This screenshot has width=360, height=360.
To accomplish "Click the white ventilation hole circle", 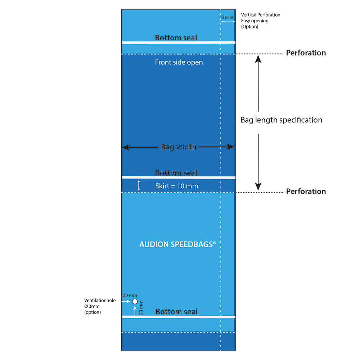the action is point(135,301).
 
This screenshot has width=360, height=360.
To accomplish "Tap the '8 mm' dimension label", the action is point(227,17).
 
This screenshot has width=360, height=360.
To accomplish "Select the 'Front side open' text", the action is point(179,62).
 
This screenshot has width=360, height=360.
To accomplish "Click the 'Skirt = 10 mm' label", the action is point(176,186).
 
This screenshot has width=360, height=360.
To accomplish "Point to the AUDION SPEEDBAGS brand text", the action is point(178,244).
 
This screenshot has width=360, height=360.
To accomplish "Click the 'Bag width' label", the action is point(179,147).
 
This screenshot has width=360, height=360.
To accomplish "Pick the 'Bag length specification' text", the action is point(281,120).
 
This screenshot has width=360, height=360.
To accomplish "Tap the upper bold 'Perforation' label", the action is point(306,53).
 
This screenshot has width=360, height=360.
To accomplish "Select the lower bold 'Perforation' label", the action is point(306,192).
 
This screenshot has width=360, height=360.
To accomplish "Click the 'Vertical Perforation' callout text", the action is point(261,15).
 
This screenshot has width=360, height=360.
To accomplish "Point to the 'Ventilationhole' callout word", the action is point(100,300).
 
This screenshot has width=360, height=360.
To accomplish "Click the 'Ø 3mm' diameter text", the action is point(92,306).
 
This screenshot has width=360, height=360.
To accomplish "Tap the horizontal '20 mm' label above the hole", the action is point(130,296).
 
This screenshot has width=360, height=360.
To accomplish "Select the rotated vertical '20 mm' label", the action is point(141,308).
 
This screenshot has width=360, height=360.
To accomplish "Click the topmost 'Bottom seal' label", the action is point(176,37).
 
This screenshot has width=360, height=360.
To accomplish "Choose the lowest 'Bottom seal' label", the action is point(176,311).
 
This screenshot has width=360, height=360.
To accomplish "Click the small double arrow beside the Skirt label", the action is point(139,185).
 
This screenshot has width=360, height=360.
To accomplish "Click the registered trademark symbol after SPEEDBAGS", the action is point(215,242).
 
